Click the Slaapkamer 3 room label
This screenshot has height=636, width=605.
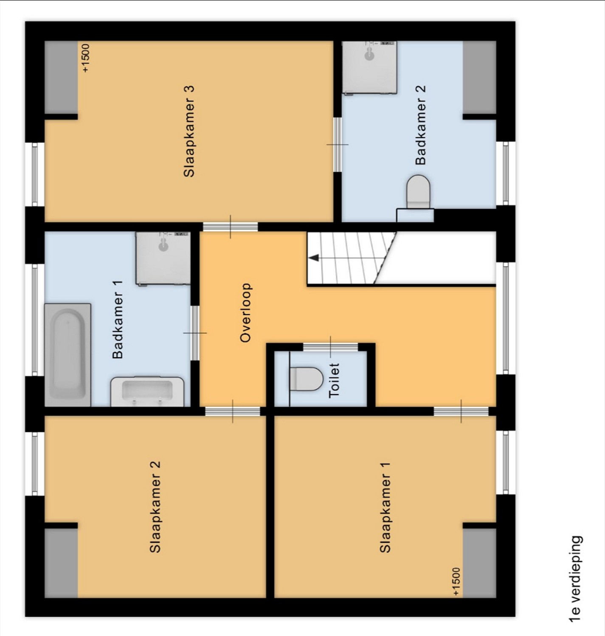coord(189,132)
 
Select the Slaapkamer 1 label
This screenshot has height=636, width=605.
coord(385,507)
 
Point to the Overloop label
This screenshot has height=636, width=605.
coord(245,313)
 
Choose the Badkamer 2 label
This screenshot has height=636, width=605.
coord(420,125)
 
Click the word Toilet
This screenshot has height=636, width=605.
coord(334,381)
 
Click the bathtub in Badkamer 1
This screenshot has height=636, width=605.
coord(68,355)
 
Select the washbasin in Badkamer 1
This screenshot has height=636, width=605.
coord(147,391)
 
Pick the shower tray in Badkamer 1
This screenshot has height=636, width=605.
coord(163,258)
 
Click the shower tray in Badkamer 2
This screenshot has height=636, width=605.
coord(369,67)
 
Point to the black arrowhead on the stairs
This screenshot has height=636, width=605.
coord(314,258)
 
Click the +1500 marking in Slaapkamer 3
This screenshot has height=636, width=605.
coord(86,58)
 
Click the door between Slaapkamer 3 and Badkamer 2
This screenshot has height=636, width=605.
coord(338,144)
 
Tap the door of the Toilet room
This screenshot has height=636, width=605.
coord(330,347)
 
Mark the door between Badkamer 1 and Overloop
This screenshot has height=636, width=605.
coord(195,333)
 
